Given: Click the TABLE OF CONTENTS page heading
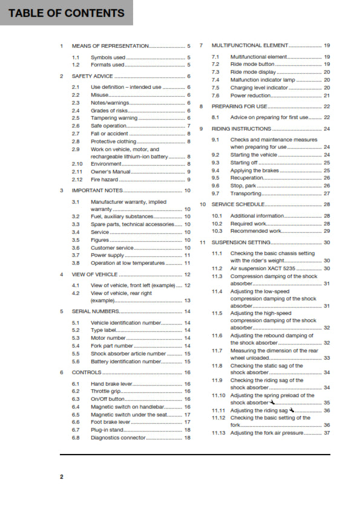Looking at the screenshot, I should [67, 13].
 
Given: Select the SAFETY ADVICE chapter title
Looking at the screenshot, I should [92, 77].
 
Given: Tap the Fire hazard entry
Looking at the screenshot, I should [105, 180].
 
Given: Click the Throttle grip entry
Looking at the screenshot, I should [106, 392].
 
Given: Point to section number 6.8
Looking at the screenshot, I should [76, 437].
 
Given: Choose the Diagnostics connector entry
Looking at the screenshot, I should [118, 437].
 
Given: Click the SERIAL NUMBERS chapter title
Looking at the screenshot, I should [95, 311].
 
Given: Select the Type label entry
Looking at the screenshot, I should [104, 331].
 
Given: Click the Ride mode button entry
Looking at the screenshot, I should [252, 64].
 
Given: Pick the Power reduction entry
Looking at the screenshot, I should [250, 96].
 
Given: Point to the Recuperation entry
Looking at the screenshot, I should [247, 178].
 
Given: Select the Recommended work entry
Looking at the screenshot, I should [256, 231].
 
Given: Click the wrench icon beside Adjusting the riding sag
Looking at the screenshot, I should [293, 410].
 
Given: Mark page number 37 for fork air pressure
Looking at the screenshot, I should [327, 433].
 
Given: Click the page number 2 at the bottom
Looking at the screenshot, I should [61, 478].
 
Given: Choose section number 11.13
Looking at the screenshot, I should [218, 433].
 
